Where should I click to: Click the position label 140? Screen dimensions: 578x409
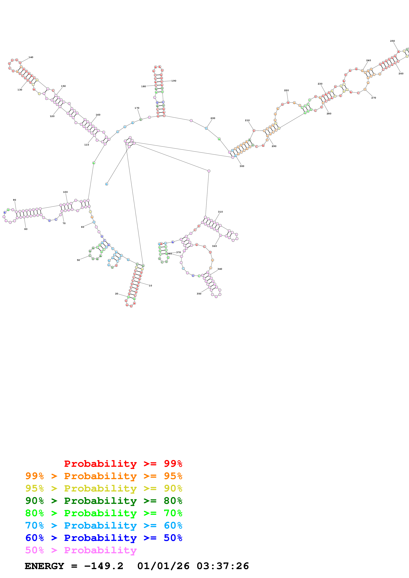(x=31, y=57)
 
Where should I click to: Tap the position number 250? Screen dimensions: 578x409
(x=392, y=41)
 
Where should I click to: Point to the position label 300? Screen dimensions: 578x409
(x=242, y=166)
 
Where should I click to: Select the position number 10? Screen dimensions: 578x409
(x=150, y=286)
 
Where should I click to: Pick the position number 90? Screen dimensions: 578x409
(x=14, y=200)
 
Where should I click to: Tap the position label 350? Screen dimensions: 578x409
(x=199, y=294)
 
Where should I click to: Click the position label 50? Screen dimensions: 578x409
(x=78, y=260)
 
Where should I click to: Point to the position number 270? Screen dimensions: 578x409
(x=374, y=98)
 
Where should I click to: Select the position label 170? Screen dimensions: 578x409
(x=137, y=108)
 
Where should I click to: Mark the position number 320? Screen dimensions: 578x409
(x=214, y=246)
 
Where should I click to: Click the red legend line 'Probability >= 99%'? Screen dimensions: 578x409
(x=123, y=464)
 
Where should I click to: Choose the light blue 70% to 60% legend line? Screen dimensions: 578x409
(x=104, y=526)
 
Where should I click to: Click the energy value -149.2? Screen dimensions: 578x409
(x=104, y=566)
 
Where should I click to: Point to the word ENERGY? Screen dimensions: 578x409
(x=44, y=566)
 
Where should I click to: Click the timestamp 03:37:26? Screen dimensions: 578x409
(x=223, y=566)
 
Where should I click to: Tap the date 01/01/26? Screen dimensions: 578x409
(x=163, y=566)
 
